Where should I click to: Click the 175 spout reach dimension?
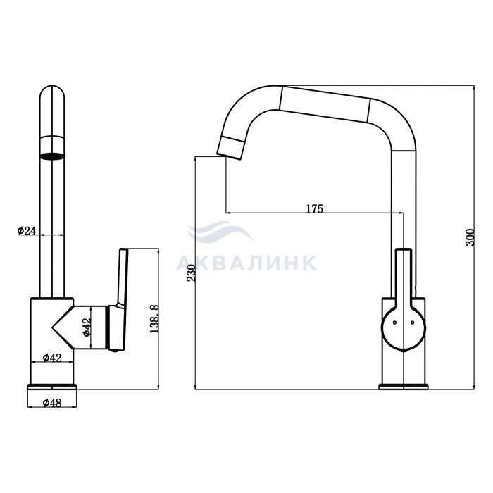point(315,208)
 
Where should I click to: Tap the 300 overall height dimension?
point(470,237)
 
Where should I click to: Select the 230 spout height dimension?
point(191,273)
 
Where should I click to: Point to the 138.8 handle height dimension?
point(154,318)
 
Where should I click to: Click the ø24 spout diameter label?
point(27,231)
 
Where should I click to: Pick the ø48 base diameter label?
point(52,402)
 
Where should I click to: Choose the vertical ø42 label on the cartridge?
point(87,327)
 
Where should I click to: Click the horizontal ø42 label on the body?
point(52,358)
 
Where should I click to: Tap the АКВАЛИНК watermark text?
point(246,263)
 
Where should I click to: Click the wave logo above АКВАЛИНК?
point(219,232)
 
